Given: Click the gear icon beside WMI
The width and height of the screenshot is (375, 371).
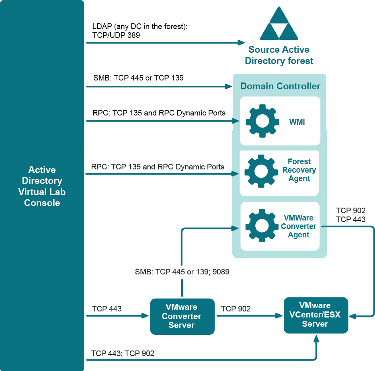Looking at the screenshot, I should click(262, 121).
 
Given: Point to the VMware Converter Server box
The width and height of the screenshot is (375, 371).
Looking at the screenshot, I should click(182, 317).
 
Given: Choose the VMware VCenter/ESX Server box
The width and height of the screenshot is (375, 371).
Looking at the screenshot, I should click(316, 315).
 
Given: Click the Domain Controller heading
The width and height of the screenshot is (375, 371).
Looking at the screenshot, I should click(280, 86).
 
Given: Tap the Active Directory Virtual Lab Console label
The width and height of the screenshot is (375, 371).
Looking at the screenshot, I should click(42, 186).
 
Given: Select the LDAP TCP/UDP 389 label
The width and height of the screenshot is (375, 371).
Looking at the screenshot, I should click(140, 31).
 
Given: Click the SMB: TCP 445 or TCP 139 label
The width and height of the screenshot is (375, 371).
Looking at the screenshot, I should click(138, 78).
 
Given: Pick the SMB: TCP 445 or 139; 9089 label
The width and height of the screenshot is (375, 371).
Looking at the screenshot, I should click(182, 272).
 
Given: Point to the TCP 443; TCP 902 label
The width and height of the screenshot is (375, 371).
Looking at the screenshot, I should click(123, 353).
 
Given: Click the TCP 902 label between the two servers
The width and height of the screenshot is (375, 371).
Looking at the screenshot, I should click(236, 309).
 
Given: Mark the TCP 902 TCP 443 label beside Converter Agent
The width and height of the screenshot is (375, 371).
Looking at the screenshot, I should click(350, 215).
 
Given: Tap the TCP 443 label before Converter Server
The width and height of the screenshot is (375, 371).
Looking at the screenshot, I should click(107, 309).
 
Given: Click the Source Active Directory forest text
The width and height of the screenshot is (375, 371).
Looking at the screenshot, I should click(279, 56).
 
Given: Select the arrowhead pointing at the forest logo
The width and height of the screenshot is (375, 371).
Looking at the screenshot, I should click(242, 42).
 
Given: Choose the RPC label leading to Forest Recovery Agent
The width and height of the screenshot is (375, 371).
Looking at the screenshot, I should click(158, 166).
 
